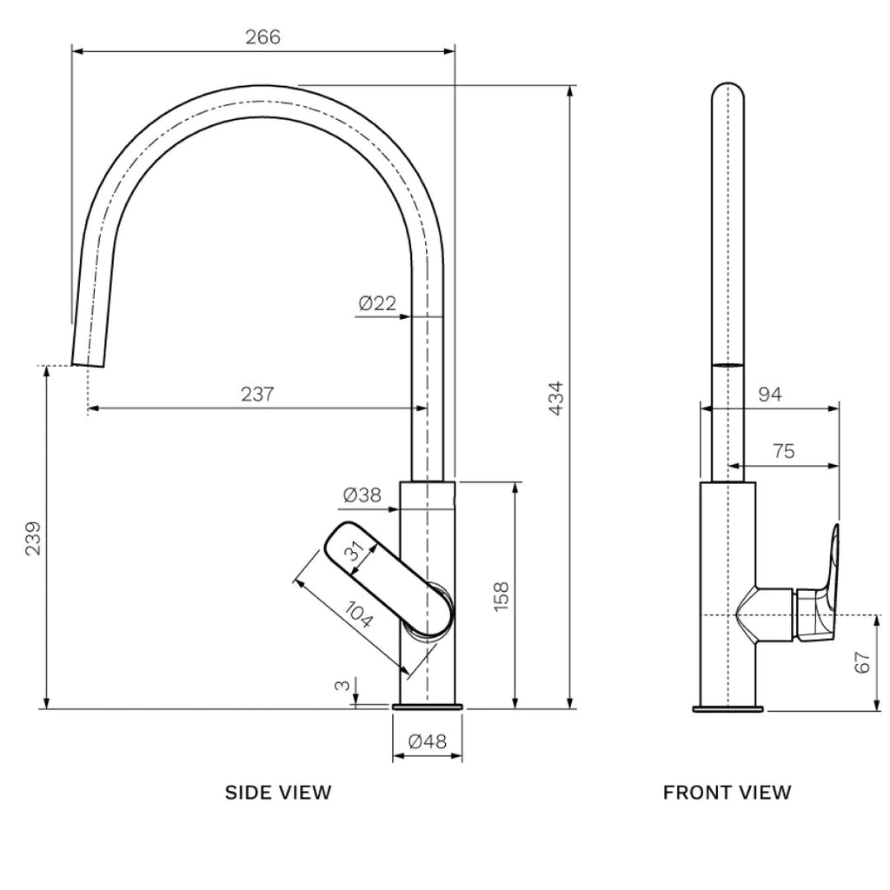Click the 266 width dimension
[262, 37]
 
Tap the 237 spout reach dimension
[257, 394]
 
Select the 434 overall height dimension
[557, 397]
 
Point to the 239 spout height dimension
[32, 539]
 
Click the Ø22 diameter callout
[376, 303]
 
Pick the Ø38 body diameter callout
[362, 495]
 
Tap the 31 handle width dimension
[355, 555]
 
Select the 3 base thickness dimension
[343, 686]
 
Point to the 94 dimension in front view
[770, 395]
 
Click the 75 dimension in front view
[782, 451]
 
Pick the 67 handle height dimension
[861, 662]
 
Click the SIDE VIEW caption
[278, 792]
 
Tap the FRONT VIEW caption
[727, 792]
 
